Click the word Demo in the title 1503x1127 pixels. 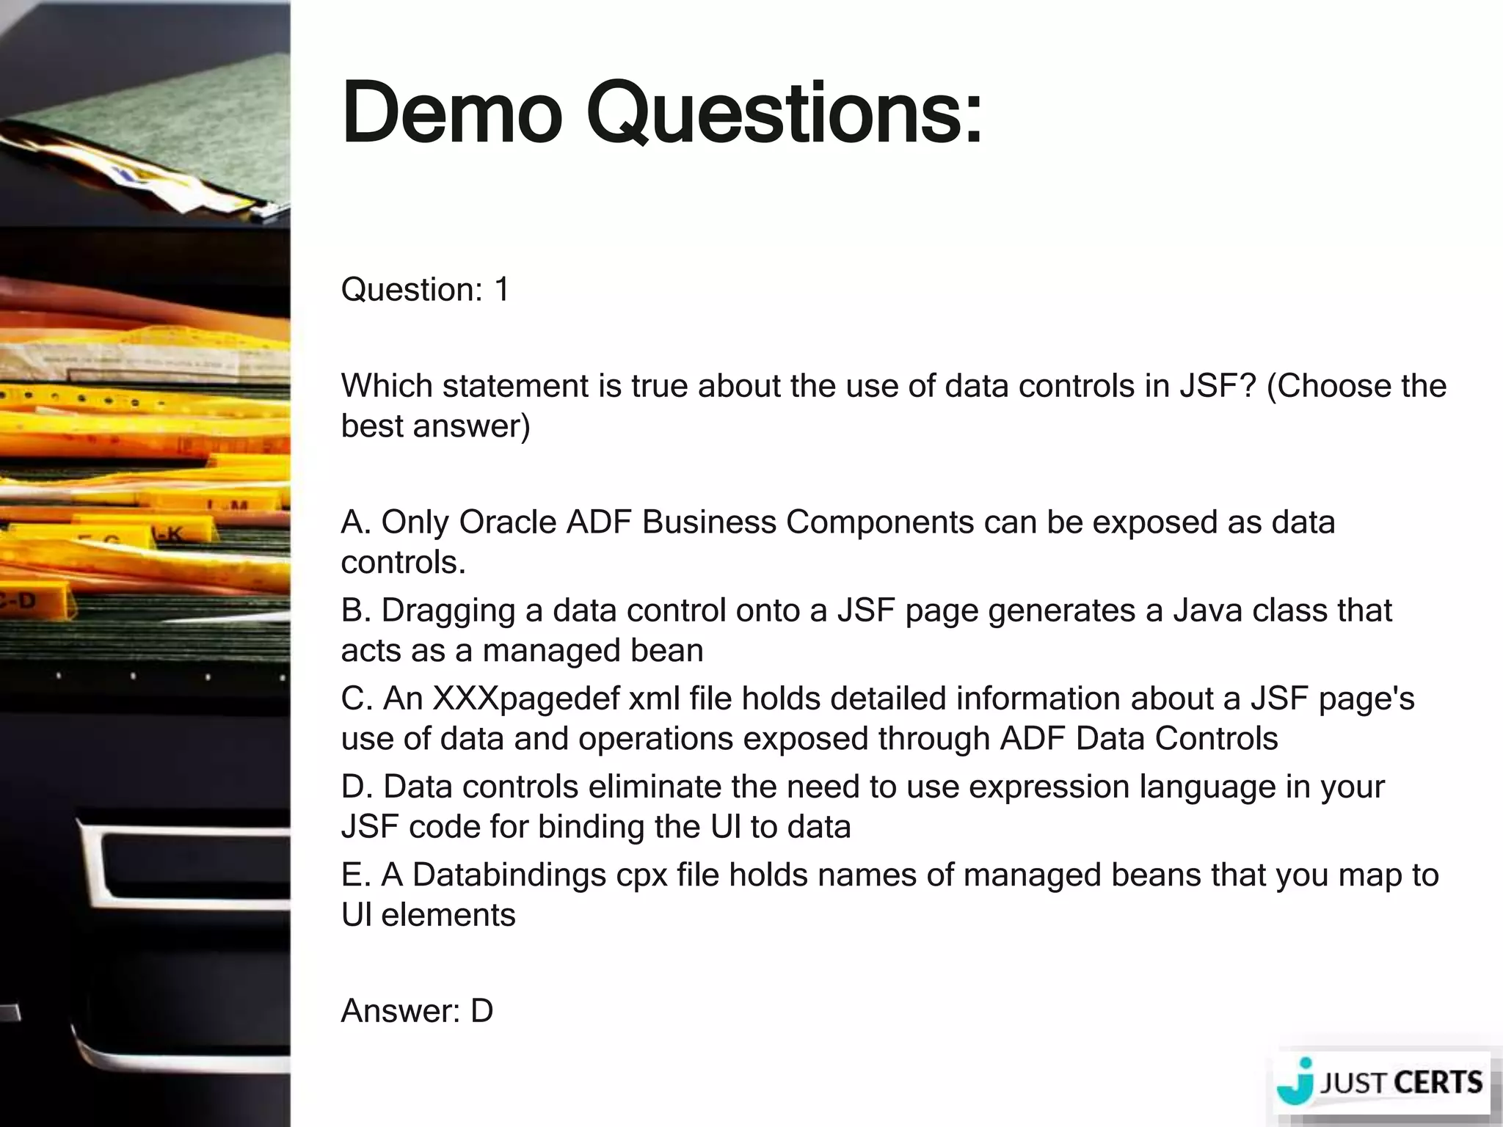451,114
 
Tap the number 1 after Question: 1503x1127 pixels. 502,289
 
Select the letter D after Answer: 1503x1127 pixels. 481,1011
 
